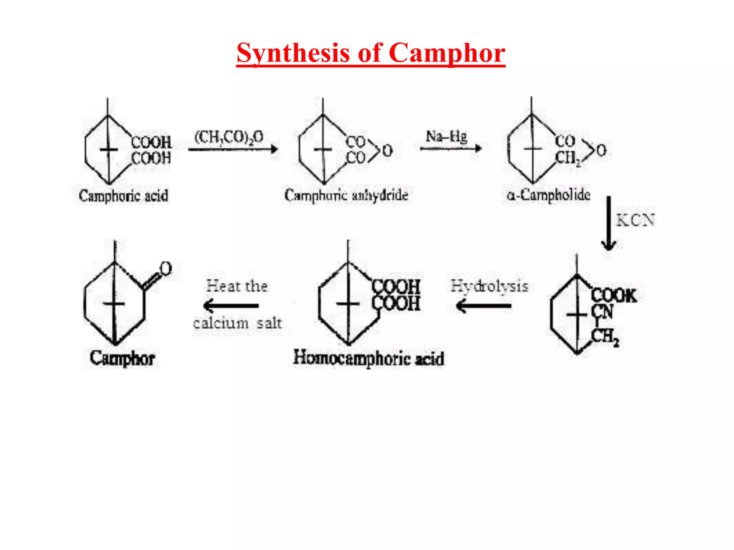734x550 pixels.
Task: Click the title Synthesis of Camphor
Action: [371, 53]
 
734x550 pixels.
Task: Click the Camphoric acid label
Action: [123, 196]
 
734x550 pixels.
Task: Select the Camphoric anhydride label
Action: [346, 195]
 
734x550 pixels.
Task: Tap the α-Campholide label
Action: [548, 195]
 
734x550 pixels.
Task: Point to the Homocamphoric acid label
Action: [369, 358]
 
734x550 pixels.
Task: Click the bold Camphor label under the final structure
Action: [122, 358]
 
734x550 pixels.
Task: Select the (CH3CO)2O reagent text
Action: [229, 137]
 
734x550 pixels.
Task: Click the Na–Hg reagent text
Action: [447, 136]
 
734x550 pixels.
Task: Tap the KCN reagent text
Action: [635, 220]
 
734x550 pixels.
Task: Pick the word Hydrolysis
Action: [489, 286]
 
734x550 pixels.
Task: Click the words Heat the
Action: [237, 286]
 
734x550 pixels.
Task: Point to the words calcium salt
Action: [237, 323]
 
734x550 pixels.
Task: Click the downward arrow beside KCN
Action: [609, 224]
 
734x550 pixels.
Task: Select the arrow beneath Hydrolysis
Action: [483, 306]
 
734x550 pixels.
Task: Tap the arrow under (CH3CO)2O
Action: [233, 149]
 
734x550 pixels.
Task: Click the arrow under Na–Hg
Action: [451, 148]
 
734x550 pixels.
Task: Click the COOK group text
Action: [614, 296]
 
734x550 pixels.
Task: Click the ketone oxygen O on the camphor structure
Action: [166, 269]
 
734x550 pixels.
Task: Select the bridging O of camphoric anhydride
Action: [387, 150]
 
